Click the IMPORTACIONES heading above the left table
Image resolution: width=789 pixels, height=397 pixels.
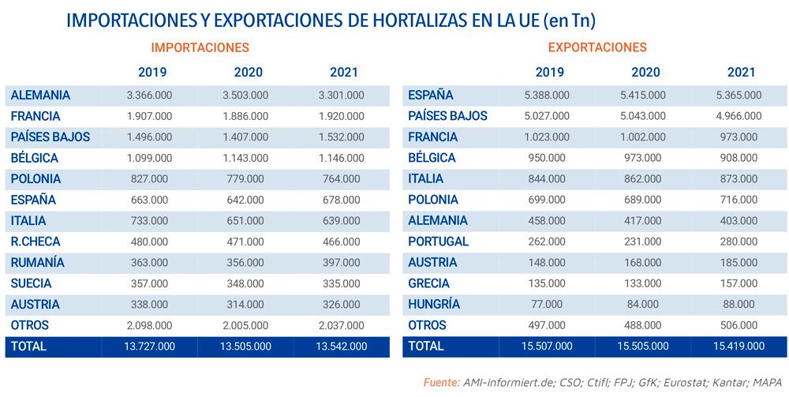pos(200,47)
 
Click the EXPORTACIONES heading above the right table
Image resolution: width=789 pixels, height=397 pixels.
pos(597,47)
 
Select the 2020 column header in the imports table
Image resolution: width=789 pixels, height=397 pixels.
pos(249,72)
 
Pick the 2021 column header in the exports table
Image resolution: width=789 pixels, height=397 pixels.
pos(742,72)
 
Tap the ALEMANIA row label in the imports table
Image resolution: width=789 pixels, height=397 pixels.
pos(40,96)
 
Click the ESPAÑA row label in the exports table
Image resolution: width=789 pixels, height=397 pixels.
pos(431,96)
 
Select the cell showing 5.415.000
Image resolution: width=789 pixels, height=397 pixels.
pos(645,96)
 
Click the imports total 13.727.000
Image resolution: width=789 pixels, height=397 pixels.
pos(149,346)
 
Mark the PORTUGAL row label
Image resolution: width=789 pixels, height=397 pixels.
pos(438,242)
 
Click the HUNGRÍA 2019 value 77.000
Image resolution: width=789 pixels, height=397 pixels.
pos(550,305)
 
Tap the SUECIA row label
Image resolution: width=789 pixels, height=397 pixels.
pos(32,283)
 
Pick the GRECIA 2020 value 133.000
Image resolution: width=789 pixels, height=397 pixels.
pos(645,283)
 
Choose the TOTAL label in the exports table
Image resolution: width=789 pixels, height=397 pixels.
pos(426,346)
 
